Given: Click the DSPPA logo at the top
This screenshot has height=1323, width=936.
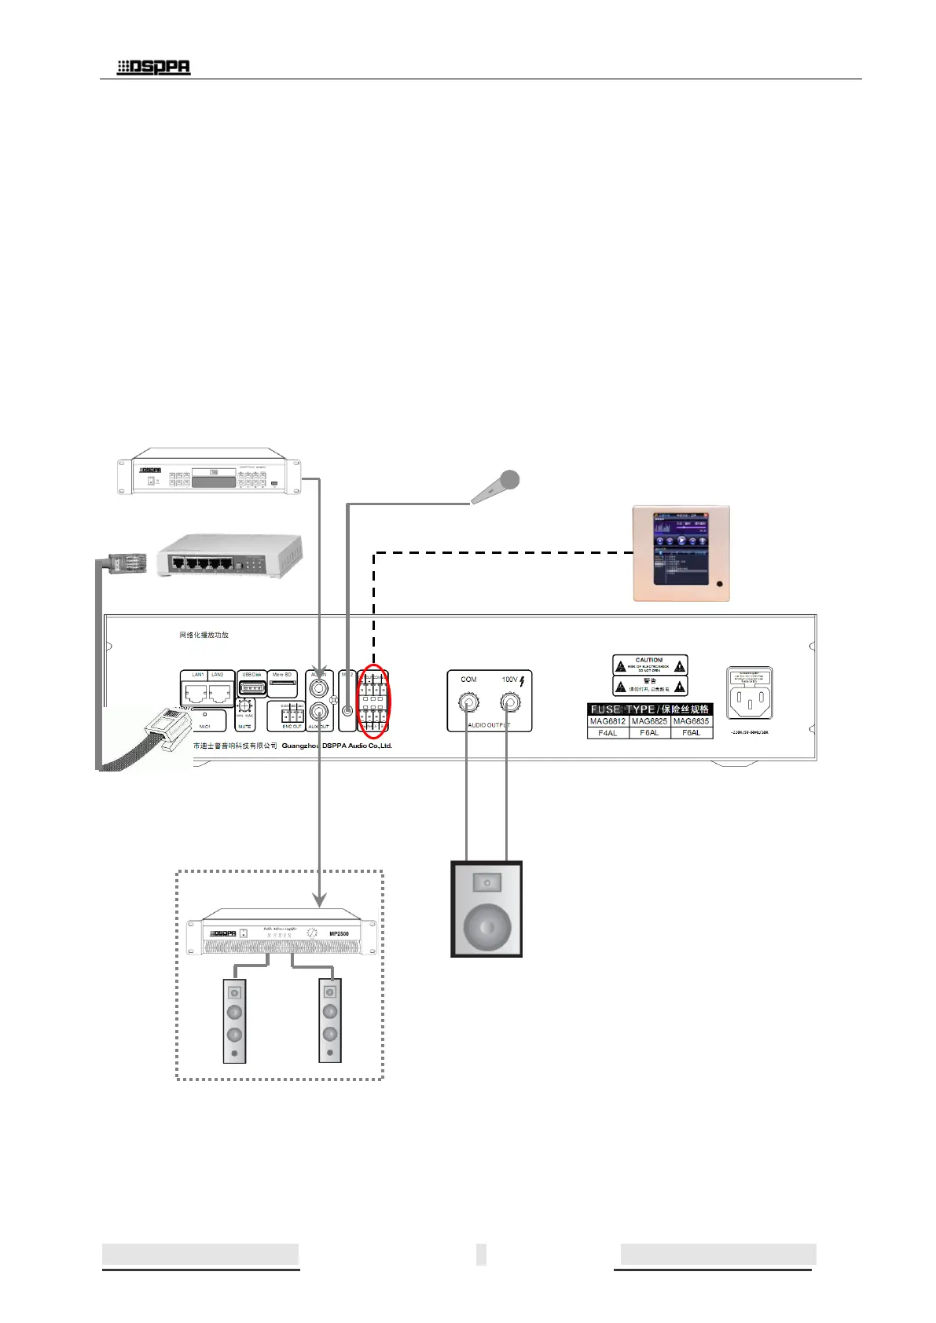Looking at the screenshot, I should (154, 68).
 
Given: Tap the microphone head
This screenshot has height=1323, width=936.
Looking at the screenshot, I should (509, 479).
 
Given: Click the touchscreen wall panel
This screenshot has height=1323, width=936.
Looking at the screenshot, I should (681, 553).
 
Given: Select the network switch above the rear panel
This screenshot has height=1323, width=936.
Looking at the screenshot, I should (229, 556).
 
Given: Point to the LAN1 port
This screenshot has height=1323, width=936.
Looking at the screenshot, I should (196, 693).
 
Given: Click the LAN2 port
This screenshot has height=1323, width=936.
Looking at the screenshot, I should (219, 693).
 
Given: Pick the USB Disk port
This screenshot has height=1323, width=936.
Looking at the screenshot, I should (252, 689).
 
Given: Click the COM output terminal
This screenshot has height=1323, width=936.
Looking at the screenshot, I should (468, 702).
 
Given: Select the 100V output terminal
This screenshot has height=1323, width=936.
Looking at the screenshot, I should (510, 702).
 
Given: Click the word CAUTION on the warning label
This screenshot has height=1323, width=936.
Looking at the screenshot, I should (649, 660).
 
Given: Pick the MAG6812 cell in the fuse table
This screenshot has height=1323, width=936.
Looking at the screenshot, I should (607, 721).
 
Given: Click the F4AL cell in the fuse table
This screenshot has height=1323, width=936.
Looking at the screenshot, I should (607, 733).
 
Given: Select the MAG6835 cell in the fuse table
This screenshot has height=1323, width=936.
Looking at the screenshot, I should (692, 721).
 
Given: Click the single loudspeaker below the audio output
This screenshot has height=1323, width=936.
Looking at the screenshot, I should (486, 909).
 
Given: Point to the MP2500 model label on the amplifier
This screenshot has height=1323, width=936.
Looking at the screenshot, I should (339, 933).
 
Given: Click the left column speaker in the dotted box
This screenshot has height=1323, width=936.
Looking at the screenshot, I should (234, 1021).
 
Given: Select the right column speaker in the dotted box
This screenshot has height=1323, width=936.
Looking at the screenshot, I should (330, 1021).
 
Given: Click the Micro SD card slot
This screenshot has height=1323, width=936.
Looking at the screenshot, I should (283, 684).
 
